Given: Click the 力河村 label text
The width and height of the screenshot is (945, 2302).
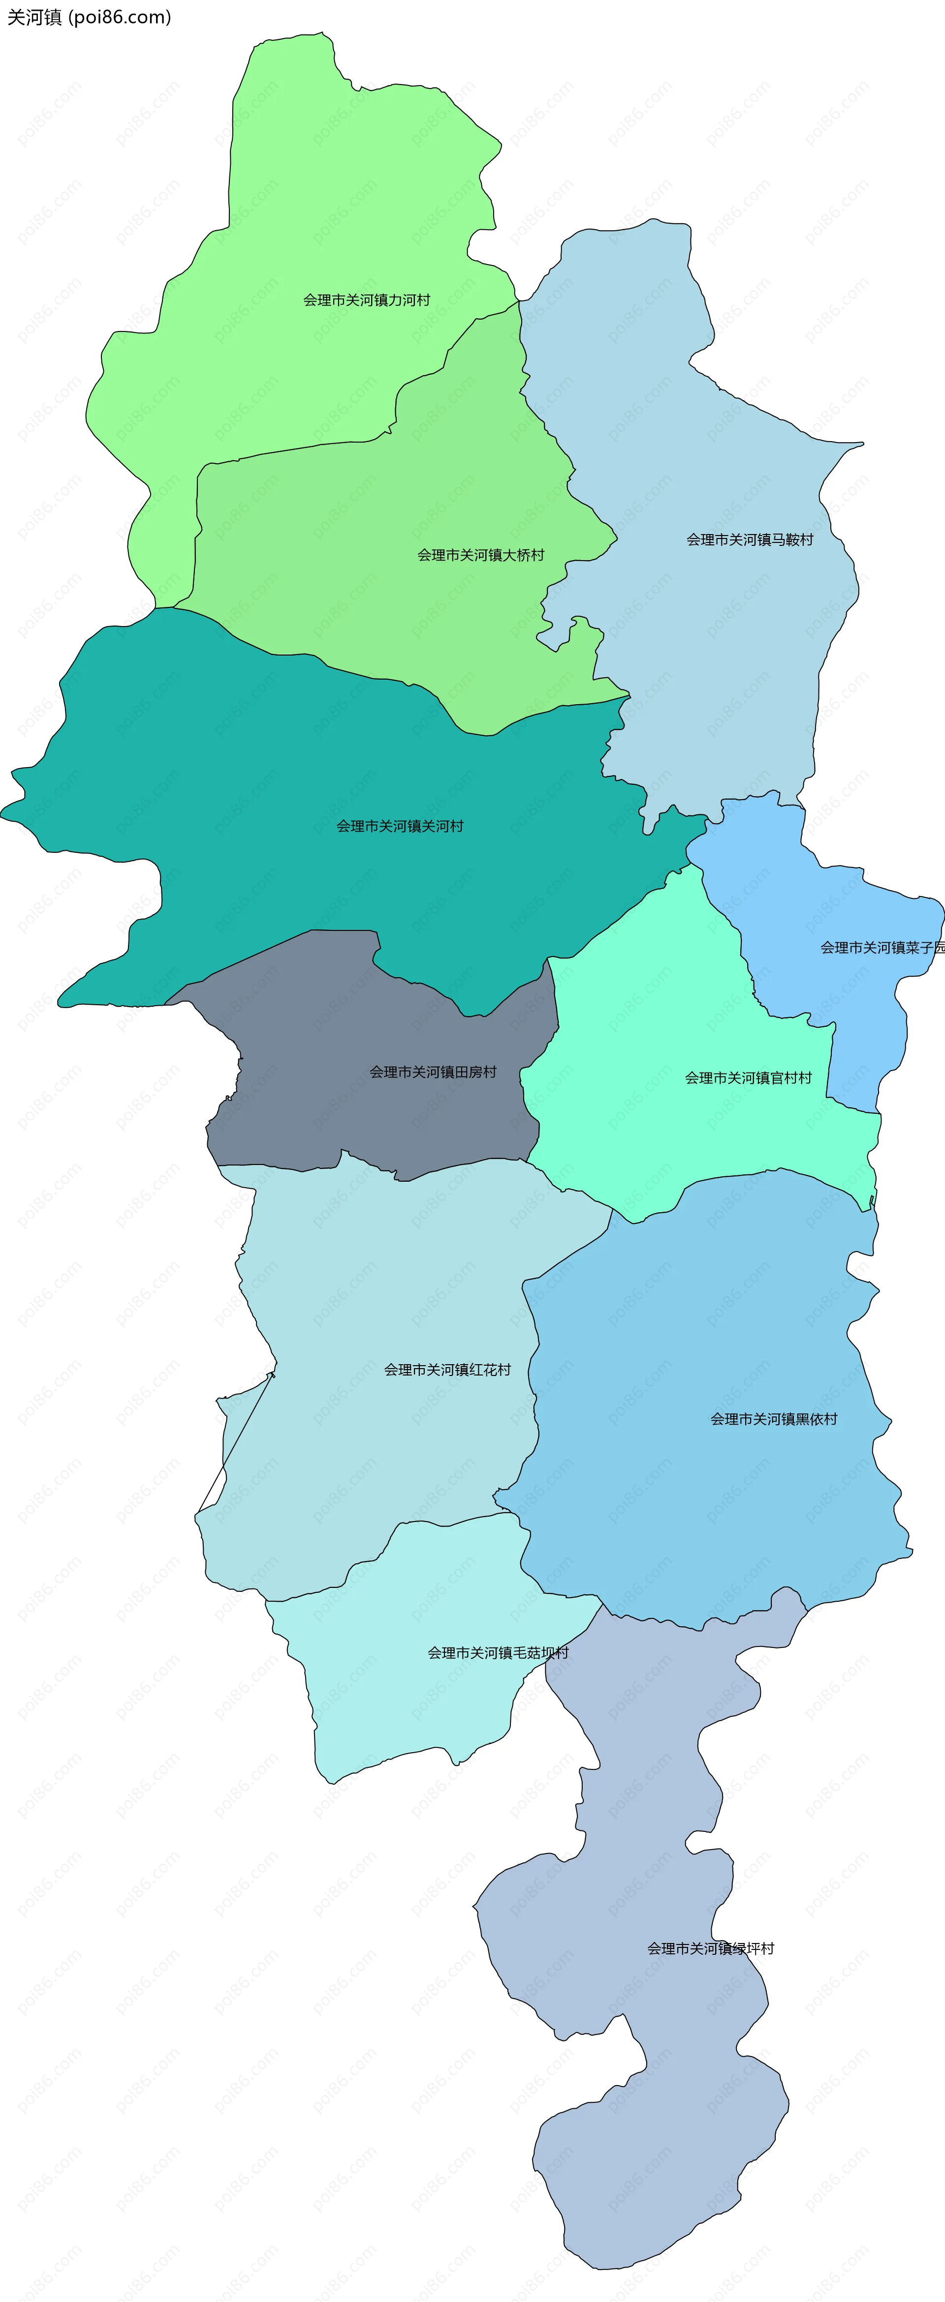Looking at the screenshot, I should (367, 300).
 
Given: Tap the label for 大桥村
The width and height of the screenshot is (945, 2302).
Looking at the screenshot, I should (481, 555).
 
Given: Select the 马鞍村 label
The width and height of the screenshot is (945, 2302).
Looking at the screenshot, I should (749, 540).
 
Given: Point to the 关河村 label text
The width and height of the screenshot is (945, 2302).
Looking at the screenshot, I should (400, 826).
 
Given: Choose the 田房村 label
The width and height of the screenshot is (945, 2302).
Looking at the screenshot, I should (433, 1072).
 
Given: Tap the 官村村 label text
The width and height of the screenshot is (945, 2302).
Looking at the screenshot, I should (748, 1077).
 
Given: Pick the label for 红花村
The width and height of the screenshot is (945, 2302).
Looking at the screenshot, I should (447, 1369).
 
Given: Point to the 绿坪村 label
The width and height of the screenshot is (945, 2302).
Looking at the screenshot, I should (711, 1948).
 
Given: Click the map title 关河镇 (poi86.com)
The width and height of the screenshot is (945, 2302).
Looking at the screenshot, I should (90, 17).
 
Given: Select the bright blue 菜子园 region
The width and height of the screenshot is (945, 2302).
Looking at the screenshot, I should (805, 894).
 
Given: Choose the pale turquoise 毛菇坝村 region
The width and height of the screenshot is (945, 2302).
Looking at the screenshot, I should (402, 1698).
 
